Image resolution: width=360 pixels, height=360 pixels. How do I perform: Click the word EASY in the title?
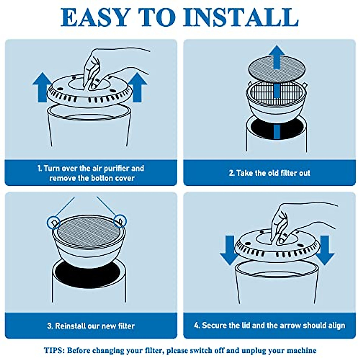95,17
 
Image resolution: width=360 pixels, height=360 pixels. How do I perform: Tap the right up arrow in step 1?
138,87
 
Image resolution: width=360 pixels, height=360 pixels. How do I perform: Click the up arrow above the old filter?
277,57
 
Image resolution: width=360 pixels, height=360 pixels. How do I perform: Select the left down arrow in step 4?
229,250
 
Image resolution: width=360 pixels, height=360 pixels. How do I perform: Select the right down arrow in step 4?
325,250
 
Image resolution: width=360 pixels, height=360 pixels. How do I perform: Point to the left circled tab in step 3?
54,223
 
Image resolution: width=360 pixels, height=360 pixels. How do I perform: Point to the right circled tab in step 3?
120,221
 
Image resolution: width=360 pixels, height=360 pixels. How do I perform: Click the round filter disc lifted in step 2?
277,69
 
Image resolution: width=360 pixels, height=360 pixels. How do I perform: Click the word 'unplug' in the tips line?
253,351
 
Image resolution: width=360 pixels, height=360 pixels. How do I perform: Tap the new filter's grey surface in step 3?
89,232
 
